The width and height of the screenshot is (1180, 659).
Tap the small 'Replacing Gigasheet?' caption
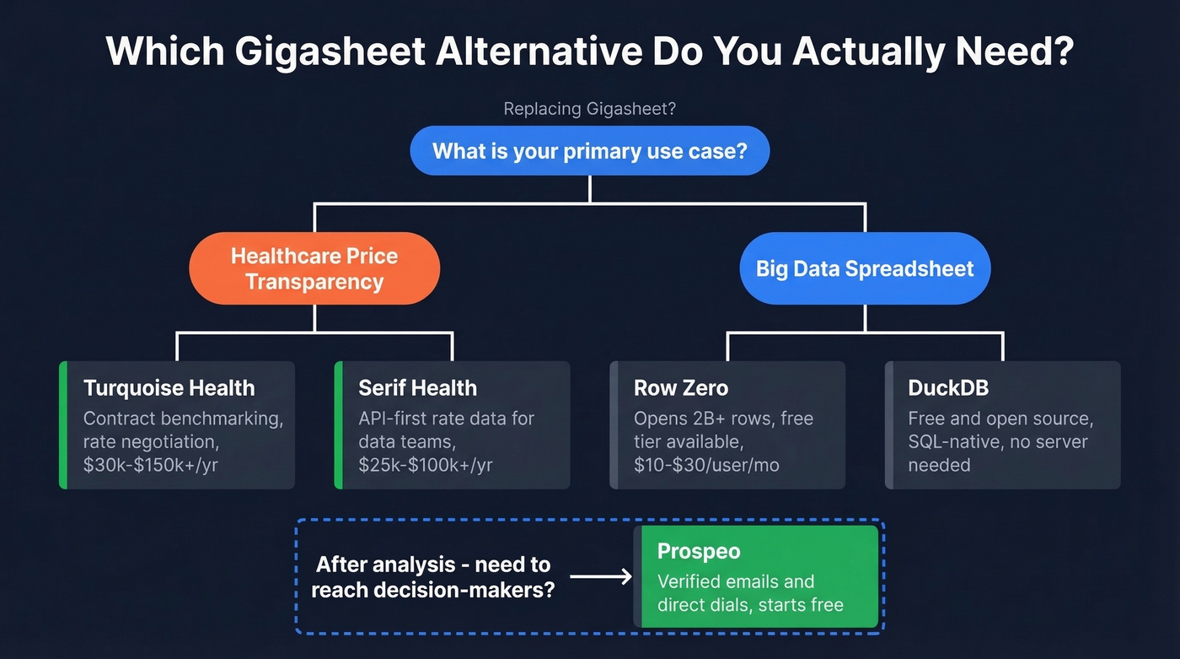589,109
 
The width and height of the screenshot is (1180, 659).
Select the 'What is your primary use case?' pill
589,151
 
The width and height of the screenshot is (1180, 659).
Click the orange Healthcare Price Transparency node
314,268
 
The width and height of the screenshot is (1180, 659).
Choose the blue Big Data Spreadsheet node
865,268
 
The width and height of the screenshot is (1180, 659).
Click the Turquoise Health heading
169,388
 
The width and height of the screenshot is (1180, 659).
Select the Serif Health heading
417,388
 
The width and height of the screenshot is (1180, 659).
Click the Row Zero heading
680,388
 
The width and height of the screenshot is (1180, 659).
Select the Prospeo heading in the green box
699,552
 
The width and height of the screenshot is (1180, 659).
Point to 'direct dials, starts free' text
750,604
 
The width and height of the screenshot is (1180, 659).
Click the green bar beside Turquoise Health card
63,425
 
